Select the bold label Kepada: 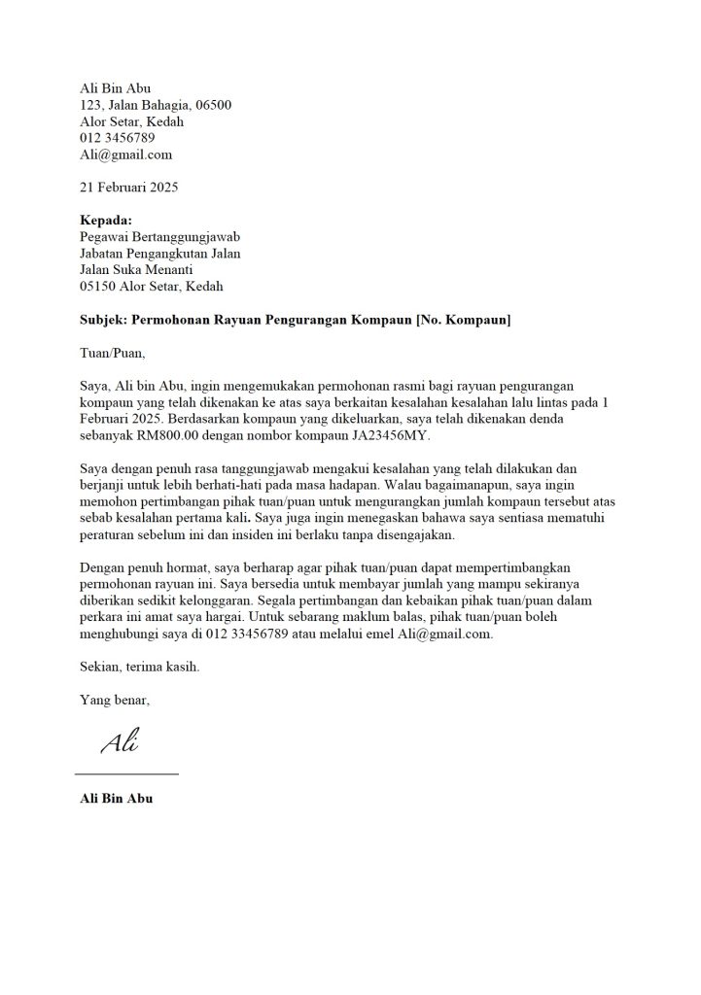pos(105,221)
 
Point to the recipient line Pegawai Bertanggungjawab pos(159,237)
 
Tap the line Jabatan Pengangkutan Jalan pos(159,254)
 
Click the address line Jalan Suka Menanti pos(136,270)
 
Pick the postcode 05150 pos(98,287)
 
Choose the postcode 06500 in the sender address pos(213,105)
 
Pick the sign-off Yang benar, pos(115,700)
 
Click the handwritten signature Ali pos(119,744)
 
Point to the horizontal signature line pos(127,773)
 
